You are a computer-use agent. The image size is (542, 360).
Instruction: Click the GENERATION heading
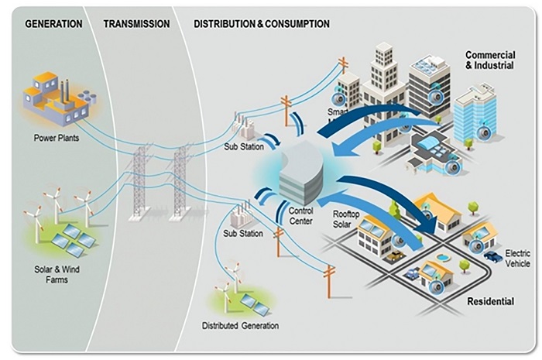tap(53, 24)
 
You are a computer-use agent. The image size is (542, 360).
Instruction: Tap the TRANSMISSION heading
tap(136, 24)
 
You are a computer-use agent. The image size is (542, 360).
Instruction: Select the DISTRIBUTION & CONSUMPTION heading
tap(261, 24)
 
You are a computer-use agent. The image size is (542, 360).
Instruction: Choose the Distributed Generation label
tap(240, 325)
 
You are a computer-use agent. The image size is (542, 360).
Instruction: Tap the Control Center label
tap(300, 215)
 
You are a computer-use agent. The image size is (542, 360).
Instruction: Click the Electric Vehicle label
tap(517, 259)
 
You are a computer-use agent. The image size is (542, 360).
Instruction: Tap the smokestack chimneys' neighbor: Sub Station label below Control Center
tap(238, 233)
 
